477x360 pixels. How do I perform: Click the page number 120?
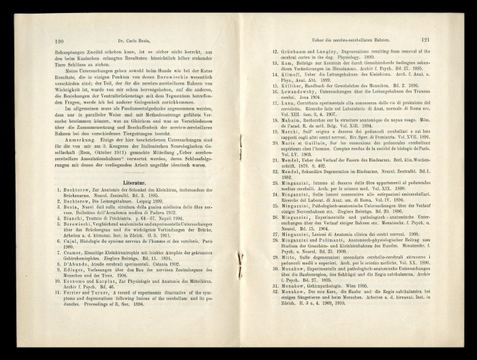click(59, 40)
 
